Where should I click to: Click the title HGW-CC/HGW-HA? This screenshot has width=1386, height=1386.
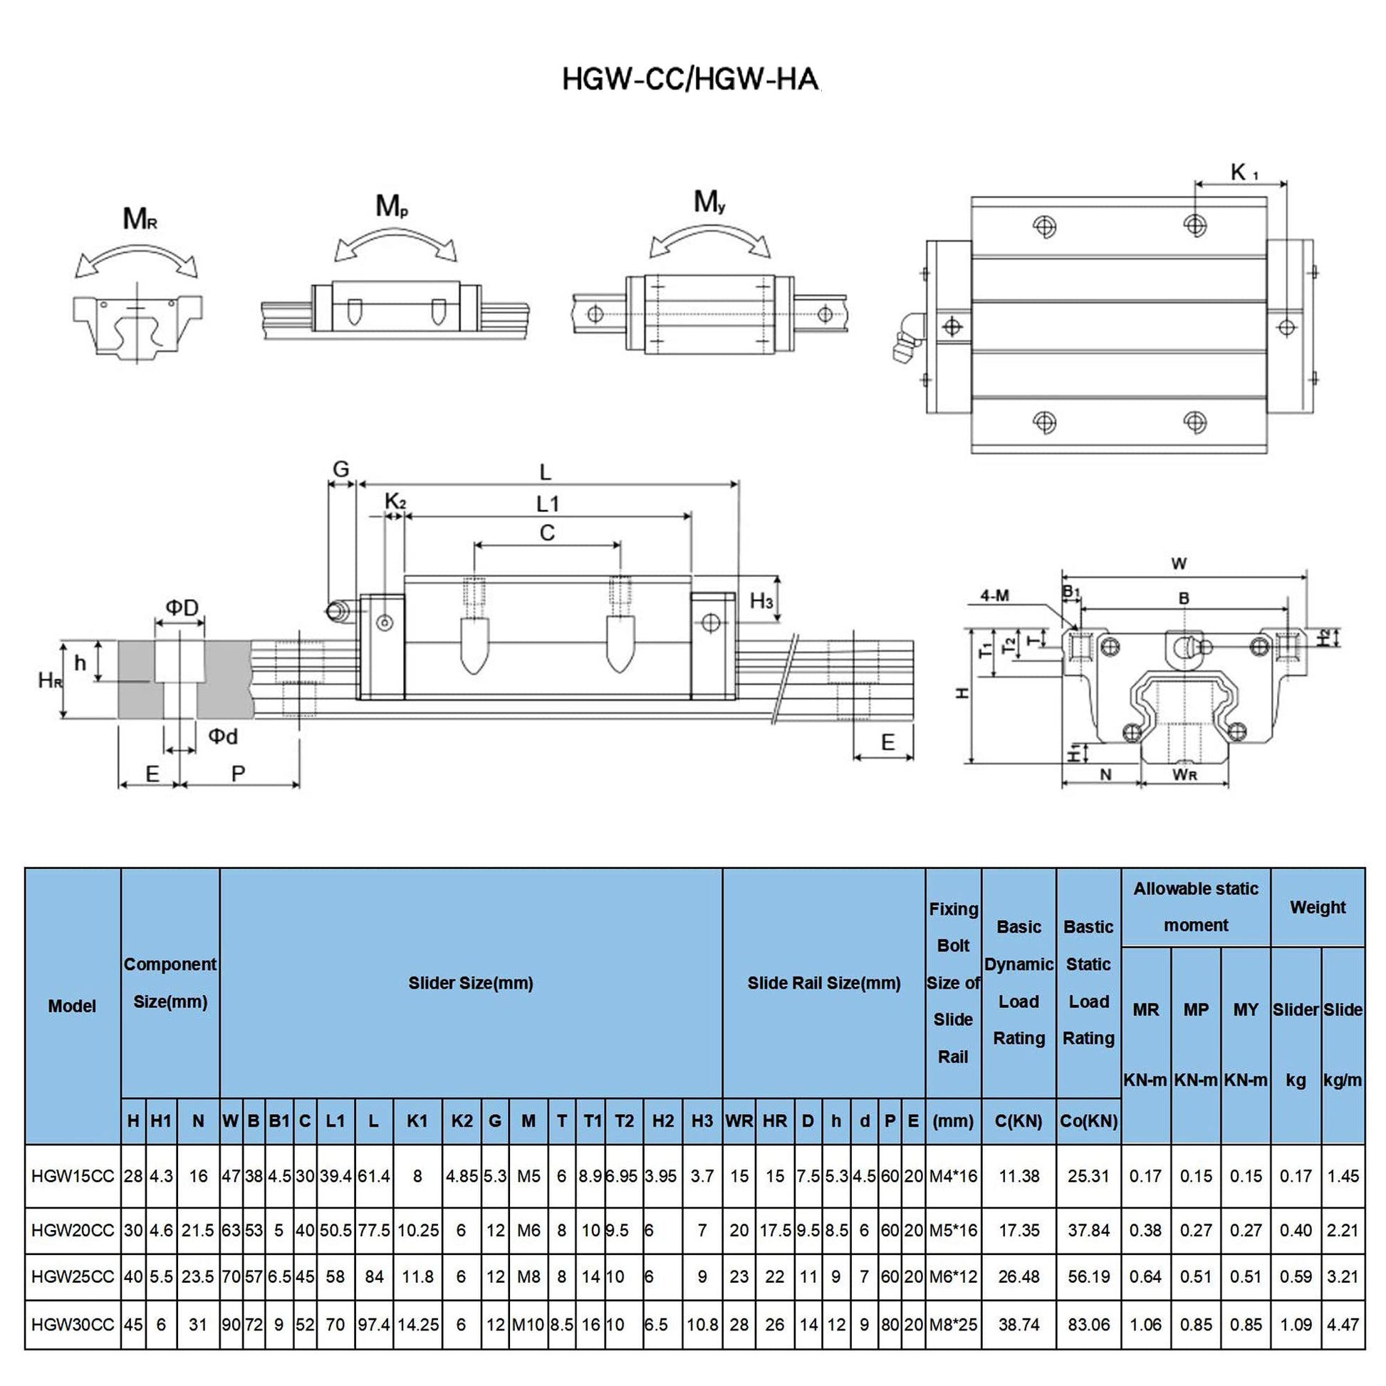[x=689, y=79]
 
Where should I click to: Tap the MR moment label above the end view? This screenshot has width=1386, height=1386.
[x=139, y=218]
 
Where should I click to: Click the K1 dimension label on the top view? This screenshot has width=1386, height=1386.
[x=1244, y=172]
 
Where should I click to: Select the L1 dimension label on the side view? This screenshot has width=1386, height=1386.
[x=548, y=504]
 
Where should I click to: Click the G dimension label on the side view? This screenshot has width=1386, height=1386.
[x=340, y=469]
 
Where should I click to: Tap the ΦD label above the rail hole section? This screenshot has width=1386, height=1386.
[x=182, y=608]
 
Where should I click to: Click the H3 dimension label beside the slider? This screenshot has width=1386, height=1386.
[x=761, y=600]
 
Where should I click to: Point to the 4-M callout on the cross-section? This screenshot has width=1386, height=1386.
[x=994, y=595]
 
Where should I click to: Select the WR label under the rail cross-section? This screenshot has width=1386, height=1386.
[x=1184, y=775]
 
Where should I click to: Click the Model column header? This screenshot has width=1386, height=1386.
[x=72, y=1006]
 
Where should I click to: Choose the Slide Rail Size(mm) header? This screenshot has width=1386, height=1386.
[x=823, y=983]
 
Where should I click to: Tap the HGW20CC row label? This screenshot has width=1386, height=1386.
[x=73, y=1230]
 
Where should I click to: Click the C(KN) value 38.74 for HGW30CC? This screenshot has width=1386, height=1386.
[x=1018, y=1324]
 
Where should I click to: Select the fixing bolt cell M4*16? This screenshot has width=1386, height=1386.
[x=953, y=1176]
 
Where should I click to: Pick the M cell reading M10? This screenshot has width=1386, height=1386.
[x=528, y=1324]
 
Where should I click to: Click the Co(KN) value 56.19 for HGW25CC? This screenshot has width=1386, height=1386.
[x=1088, y=1276]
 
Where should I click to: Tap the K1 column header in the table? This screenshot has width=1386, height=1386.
[x=417, y=1120]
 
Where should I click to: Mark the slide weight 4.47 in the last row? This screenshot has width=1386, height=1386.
[x=1343, y=1324]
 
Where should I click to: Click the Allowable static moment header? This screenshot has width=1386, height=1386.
[x=1195, y=907]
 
